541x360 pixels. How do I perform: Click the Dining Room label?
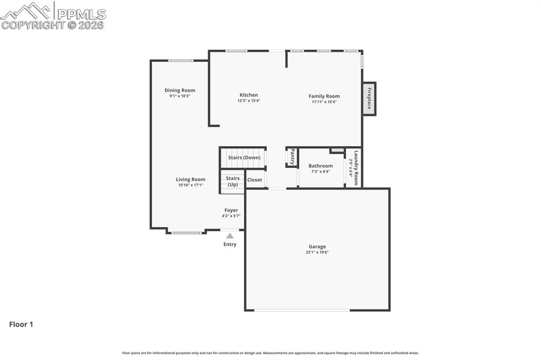180,90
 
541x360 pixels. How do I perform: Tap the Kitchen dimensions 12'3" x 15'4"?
248,101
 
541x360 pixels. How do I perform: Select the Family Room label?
324,96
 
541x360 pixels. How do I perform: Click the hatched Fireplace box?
369,99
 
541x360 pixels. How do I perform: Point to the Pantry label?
292,157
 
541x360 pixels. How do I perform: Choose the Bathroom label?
321,166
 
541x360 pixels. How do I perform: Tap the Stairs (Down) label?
244,157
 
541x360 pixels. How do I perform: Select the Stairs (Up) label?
232,181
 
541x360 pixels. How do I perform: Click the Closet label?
255,180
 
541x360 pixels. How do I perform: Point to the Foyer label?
231,210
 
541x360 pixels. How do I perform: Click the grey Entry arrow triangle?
230,236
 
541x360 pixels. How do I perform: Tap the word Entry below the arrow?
230,244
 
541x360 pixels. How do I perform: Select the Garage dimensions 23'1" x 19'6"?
317,252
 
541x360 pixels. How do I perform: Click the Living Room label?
190,179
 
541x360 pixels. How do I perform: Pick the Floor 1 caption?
21,325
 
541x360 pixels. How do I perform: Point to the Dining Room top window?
181,61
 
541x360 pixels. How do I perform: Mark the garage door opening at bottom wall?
302,310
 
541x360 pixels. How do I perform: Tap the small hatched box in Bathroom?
337,150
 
